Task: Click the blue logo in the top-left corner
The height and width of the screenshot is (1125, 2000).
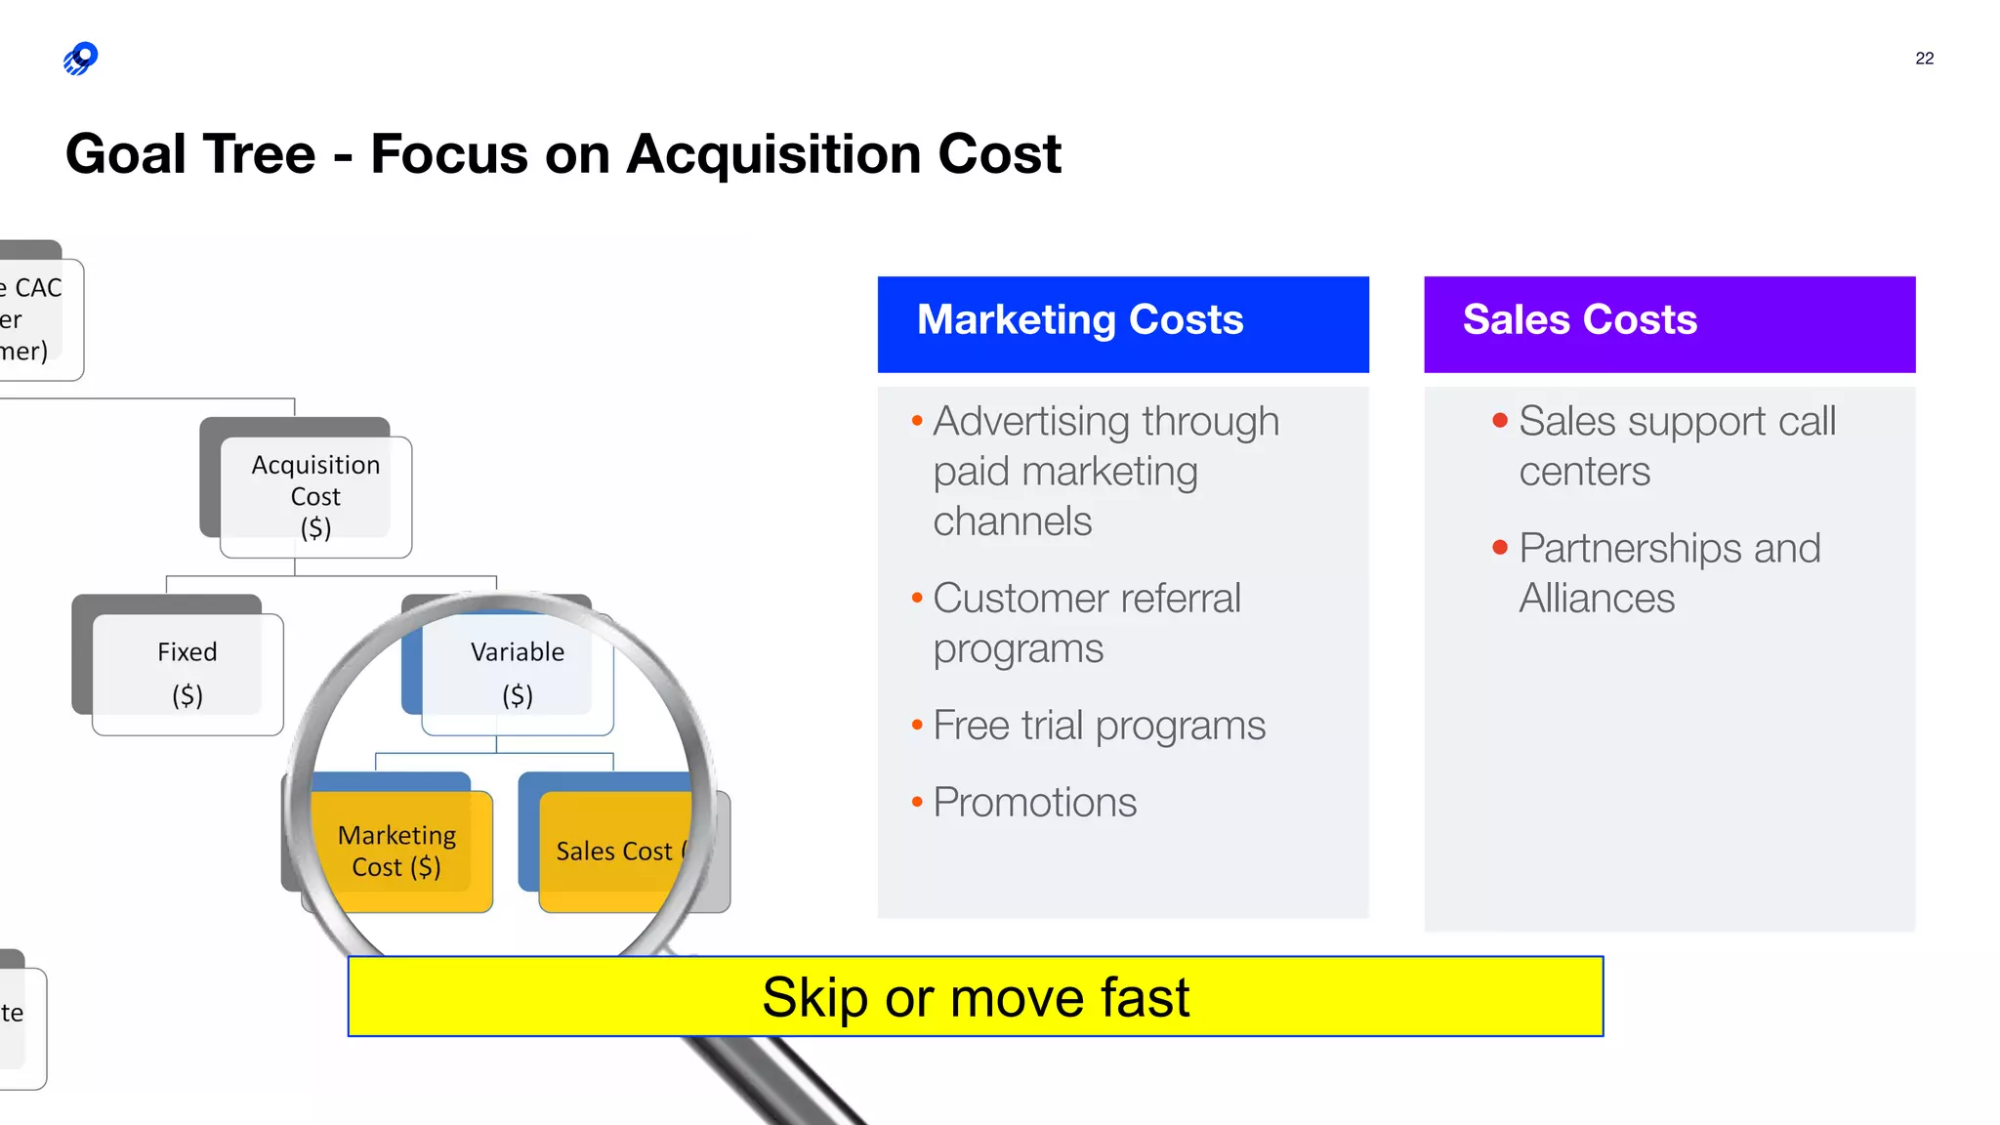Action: pos(81,59)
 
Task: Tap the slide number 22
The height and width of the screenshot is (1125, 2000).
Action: pos(1924,59)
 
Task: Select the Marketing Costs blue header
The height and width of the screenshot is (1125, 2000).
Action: pos(1123,323)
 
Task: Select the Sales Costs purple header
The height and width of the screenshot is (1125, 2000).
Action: pos(1669,323)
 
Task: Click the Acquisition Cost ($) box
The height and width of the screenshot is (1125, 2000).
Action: pos(314,496)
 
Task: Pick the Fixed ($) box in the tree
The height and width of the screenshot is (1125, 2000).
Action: pos(187,673)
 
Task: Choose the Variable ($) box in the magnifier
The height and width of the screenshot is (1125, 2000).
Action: pos(517,673)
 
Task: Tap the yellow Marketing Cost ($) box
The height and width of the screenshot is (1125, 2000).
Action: pos(396,851)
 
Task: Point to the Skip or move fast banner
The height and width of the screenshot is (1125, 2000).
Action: pos(975,996)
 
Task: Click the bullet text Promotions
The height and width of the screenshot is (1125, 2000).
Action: pos(1034,803)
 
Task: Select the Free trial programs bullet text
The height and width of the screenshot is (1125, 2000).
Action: pos(1099,726)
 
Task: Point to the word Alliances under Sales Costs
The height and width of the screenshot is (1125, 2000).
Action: pos(1597,599)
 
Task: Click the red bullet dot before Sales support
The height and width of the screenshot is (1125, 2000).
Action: pos(1500,421)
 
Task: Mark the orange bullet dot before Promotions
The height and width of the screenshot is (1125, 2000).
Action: pos(917,803)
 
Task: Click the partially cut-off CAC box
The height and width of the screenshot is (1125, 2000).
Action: pos(34,318)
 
